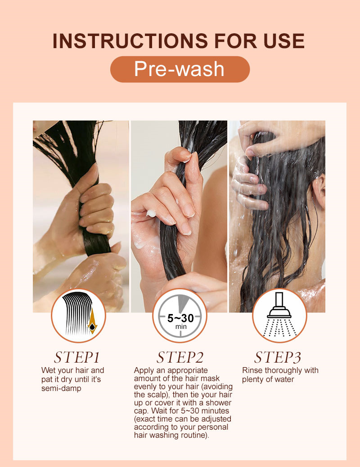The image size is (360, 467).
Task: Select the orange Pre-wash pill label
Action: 180,69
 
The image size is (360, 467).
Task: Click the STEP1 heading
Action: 76,357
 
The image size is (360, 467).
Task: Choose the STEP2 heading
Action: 180,357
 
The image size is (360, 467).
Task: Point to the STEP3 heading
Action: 278,357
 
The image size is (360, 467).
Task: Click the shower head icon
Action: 279,314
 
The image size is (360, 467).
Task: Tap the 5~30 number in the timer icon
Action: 180,318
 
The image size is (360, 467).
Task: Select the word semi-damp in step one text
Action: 61,388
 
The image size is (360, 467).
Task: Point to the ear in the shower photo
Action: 319,191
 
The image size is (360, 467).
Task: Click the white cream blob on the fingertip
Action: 151,213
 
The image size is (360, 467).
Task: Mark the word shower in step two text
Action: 217,403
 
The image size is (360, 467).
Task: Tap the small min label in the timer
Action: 181,327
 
